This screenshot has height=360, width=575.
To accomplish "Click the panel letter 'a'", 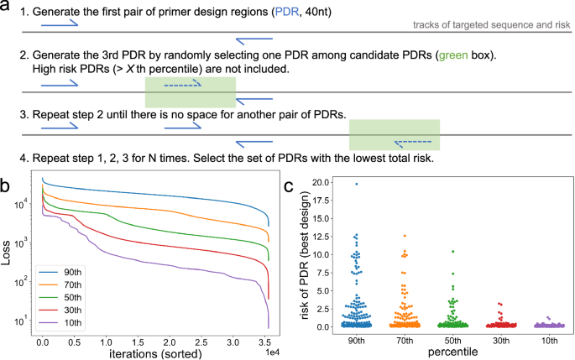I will (7, 7).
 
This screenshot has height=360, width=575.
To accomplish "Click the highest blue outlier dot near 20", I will (355, 184).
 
